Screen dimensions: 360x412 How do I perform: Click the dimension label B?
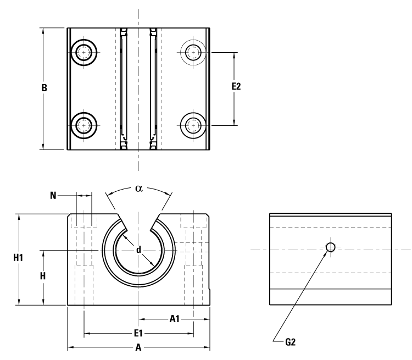coord(44,88)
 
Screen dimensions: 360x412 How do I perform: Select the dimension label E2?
coord(236,87)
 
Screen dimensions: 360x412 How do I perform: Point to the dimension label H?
coord(43,276)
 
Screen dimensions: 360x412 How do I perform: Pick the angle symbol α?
coord(138,188)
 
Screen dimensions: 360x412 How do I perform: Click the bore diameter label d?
coord(138,250)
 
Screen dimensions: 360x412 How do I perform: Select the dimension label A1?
coord(175,318)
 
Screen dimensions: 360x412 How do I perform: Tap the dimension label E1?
coord(138,333)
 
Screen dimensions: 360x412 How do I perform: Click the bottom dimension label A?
coord(138,347)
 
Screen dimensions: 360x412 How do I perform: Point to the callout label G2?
coord(291,341)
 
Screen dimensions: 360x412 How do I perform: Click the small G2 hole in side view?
coord(330,247)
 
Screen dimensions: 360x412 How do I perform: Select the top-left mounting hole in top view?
coord(84,53)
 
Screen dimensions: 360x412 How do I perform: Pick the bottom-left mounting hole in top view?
coord(84,125)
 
